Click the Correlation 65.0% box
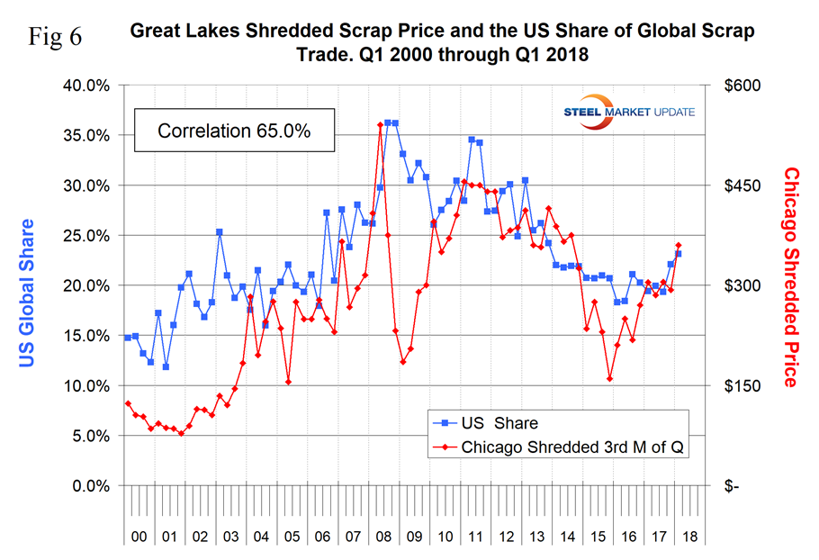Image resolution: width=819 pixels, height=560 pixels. click(234, 131)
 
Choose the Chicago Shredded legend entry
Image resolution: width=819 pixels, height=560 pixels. click(558, 447)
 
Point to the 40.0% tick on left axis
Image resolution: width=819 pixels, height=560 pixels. click(84, 86)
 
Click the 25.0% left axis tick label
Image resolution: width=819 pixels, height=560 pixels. click(84, 236)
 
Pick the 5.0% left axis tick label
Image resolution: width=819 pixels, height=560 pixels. click(87, 436)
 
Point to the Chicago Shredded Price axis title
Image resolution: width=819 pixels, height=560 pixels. click(790, 276)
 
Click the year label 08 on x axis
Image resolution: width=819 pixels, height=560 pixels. click(383, 535)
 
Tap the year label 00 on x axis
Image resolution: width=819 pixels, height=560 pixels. click(139, 535)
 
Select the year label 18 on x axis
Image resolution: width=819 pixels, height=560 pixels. click(688, 535)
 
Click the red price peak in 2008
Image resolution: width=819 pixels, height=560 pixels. click(380, 125)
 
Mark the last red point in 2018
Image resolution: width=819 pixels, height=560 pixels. click(679, 246)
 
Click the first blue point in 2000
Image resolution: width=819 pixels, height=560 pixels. click(127, 338)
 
